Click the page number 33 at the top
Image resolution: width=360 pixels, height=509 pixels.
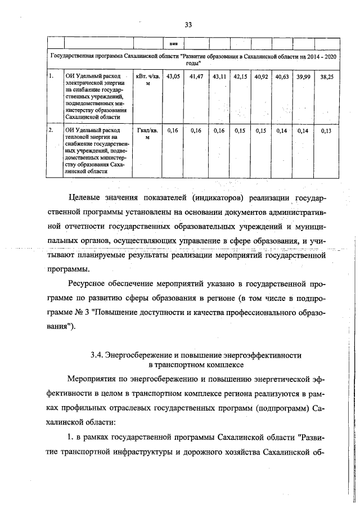(x=188, y=24)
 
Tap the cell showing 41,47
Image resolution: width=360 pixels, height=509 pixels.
(x=196, y=75)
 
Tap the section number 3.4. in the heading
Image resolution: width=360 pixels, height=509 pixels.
(x=100, y=355)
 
